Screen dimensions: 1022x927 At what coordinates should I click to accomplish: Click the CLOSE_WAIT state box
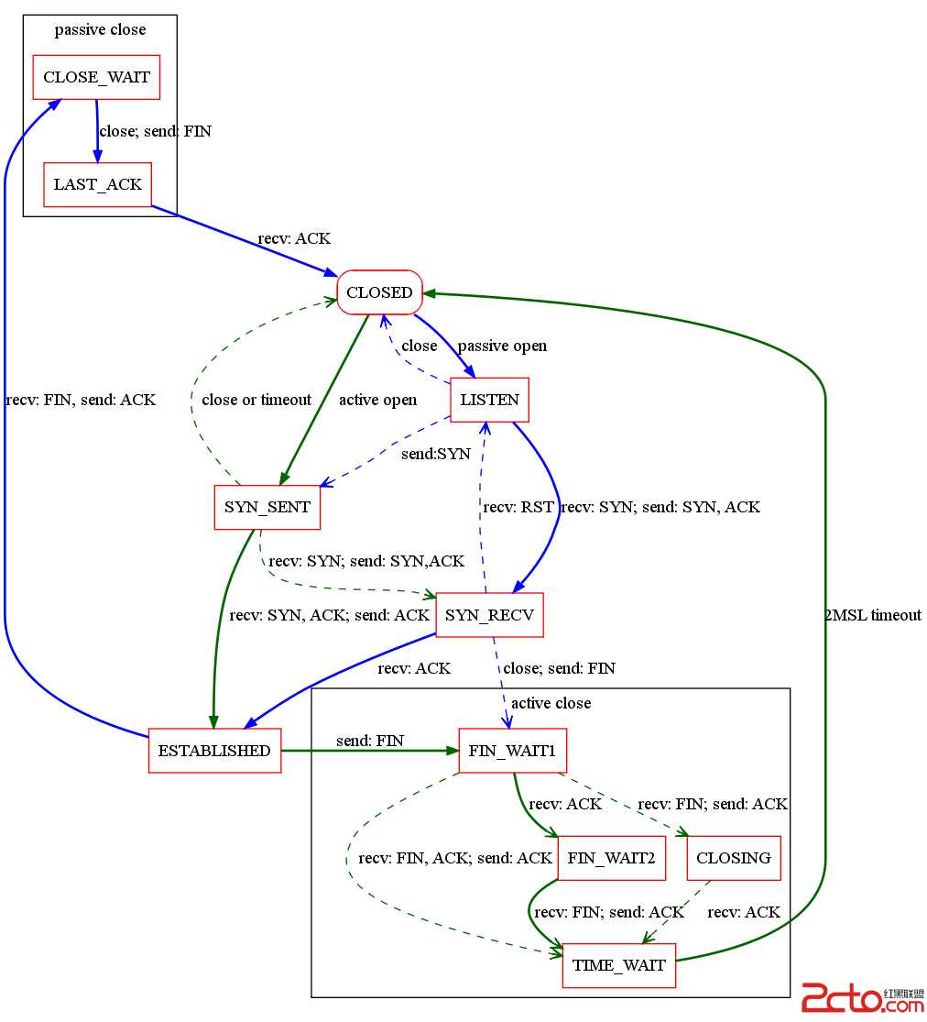pyautogui.click(x=96, y=78)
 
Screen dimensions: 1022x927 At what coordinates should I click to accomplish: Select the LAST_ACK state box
pyautogui.click(x=97, y=184)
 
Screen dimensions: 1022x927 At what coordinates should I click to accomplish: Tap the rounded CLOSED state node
pyautogui.click(x=379, y=292)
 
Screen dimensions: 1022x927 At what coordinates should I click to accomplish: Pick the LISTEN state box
pyautogui.click(x=489, y=400)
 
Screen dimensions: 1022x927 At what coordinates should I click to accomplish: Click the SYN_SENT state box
pyautogui.click(x=267, y=507)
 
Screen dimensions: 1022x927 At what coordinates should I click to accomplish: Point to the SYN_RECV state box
pyautogui.click(x=489, y=614)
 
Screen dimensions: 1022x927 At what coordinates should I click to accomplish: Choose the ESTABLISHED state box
pyautogui.click(x=214, y=751)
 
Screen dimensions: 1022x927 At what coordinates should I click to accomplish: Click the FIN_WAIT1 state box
pyautogui.click(x=512, y=751)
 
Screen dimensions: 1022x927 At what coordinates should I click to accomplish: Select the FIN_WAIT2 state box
pyautogui.click(x=611, y=858)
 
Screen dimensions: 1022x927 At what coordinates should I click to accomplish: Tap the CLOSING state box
pyautogui.click(x=734, y=858)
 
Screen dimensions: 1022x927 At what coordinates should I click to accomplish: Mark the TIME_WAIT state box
pyautogui.click(x=619, y=965)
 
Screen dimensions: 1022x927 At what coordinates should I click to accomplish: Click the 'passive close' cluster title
pyautogui.click(x=100, y=29)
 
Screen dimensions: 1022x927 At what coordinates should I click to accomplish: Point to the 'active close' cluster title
pyautogui.click(x=551, y=703)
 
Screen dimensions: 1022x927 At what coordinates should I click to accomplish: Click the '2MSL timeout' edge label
pyautogui.click(x=873, y=615)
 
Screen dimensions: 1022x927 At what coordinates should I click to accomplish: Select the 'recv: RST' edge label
pyautogui.click(x=518, y=507)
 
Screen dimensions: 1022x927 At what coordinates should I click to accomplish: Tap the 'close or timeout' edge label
pyautogui.click(x=256, y=400)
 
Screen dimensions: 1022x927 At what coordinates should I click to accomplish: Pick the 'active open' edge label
pyautogui.click(x=377, y=400)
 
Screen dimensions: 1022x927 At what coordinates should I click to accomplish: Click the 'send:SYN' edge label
pyautogui.click(x=436, y=454)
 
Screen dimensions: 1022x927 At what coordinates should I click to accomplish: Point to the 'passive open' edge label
pyautogui.click(x=502, y=346)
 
